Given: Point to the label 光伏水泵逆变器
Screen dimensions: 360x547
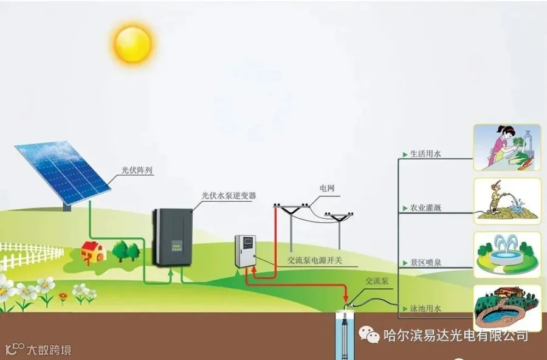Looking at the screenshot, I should pos(229,196).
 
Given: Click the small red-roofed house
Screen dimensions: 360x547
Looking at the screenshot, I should pos(93,250).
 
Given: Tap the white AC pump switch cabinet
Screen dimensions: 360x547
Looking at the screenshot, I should pos(246,251).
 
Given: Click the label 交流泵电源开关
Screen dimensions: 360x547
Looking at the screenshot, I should pos(314,260).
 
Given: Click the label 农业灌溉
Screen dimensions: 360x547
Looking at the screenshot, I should pos(425,208).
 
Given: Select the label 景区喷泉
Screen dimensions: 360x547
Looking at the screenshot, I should pos(425,263).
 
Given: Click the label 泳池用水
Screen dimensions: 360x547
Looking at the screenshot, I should pos(425,308).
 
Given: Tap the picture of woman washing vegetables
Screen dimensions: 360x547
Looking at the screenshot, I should pos(507,148).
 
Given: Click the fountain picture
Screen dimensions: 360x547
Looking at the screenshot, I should pos(507,254).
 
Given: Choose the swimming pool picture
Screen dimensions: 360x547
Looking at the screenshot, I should pos(507,307).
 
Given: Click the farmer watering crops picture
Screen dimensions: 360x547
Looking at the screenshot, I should pos(507,201).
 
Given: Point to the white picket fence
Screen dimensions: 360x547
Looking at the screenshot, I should pos(27,255).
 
